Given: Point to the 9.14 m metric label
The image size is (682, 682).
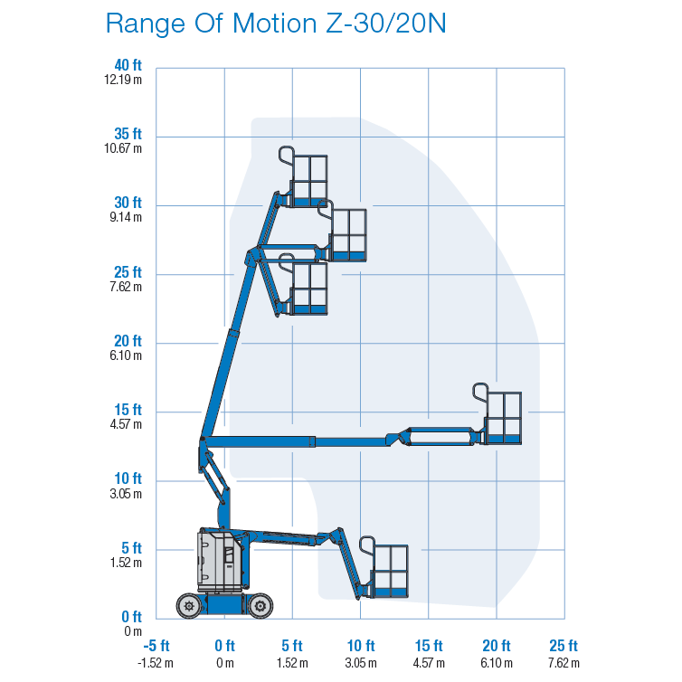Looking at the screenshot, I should [x=125, y=218].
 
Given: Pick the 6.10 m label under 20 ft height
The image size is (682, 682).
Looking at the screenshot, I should [x=125, y=355].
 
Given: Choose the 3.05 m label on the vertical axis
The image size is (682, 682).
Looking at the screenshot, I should [x=125, y=494].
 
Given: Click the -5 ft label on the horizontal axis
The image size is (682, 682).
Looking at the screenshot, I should [x=156, y=646].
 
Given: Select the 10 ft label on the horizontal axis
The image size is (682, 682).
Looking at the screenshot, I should [x=361, y=646].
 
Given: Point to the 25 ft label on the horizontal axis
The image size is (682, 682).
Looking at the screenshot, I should [x=564, y=646].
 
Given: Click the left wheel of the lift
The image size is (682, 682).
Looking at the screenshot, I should [x=188, y=605].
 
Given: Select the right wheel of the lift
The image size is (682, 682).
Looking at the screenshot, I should [x=260, y=605].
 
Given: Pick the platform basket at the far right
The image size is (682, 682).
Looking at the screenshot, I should [x=503, y=418].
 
